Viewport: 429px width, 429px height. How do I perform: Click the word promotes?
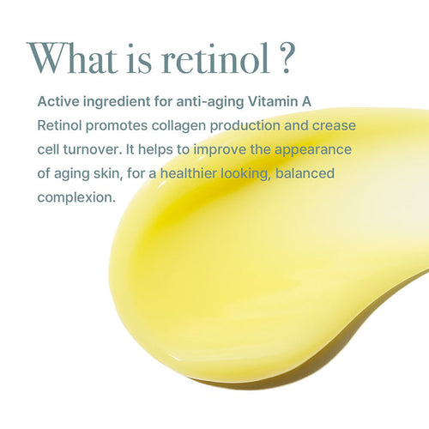118,125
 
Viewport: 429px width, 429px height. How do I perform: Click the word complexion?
76,197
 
